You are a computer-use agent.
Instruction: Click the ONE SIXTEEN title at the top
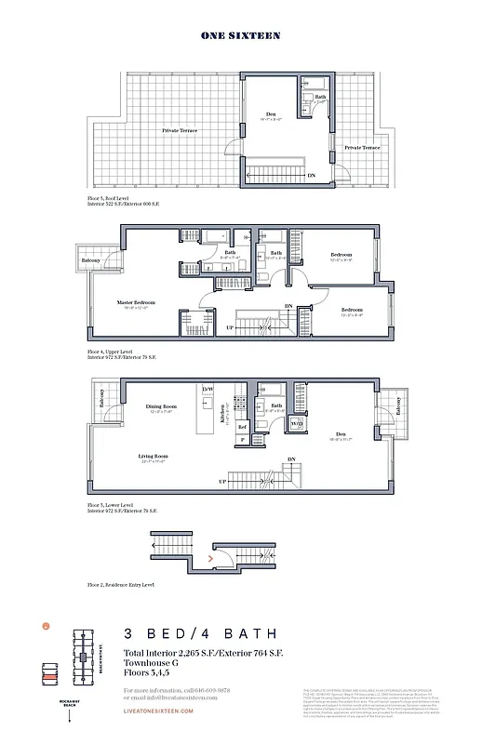coord(241,35)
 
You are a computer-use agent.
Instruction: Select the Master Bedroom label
coord(136,302)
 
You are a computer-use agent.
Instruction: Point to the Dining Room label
coord(161,406)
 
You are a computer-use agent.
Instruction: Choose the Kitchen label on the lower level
coord(223,414)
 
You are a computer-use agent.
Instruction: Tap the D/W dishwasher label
coord(208,388)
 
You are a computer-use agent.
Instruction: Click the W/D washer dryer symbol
coord(297,424)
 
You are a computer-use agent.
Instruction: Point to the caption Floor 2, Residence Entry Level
coord(121,585)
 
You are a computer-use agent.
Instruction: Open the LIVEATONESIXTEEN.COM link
coord(158,711)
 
